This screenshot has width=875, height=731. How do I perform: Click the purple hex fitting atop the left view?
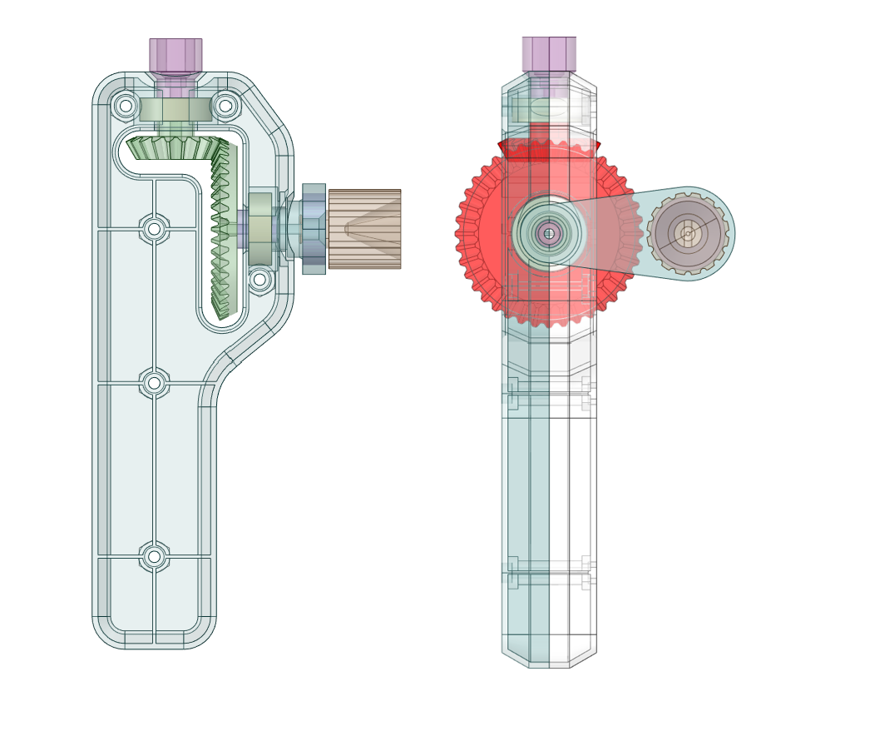pyautogui.click(x=175, y=56)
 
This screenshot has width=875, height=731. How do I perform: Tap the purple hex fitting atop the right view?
pyautogui.click(x=549, y=54)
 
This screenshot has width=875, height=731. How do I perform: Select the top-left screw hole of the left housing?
pyautogui.click(x=126, y=106)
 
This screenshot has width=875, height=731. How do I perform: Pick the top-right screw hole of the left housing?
pyautogui.click(x=225, y=106)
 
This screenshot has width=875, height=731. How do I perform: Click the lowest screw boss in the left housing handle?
pyautogui.click(x=154, y=556)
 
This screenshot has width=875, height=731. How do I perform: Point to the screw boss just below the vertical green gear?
pyautogui.click(x=260, y=280)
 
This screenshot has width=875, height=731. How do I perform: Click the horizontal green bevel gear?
pyautogui.click(x=175, y=148)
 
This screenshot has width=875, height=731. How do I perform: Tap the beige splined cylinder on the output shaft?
pyautogui.click(x=364, y=229)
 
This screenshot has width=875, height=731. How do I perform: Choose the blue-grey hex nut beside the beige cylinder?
pyautogui.click(x=314, y=229)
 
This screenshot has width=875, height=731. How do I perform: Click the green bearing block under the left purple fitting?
pyautogui.click(x=175, y=110)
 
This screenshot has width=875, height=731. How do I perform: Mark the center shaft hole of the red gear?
pyautogui.click(x=548, y=234)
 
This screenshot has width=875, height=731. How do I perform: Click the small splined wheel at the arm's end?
pyautogui.click(x=688, y=234)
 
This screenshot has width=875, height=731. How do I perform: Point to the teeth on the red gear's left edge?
pyautogui.click(x=462, y=234)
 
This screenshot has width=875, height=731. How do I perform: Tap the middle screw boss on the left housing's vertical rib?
pyautogui.click(x=154, y=383)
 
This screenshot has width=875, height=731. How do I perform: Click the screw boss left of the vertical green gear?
pyautogui.click(x=154, y=228)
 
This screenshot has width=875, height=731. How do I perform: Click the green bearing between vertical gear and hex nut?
pyautogui.click(x=260, y=229)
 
